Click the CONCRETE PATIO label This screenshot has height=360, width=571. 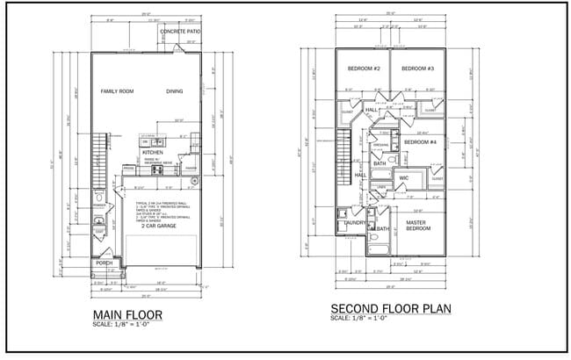[x=181, y=32]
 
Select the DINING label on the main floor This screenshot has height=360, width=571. [x=175, y=91]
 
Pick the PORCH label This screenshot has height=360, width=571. [x=105, y=263]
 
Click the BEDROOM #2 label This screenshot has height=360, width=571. [x=363, y=68]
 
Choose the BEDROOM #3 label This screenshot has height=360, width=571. [x=418, y=68]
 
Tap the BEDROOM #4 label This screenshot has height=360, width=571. [x=421, y=141]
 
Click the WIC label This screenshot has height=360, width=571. [x=404, y=178]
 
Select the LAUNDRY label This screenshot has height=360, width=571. [x=355, y=223]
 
